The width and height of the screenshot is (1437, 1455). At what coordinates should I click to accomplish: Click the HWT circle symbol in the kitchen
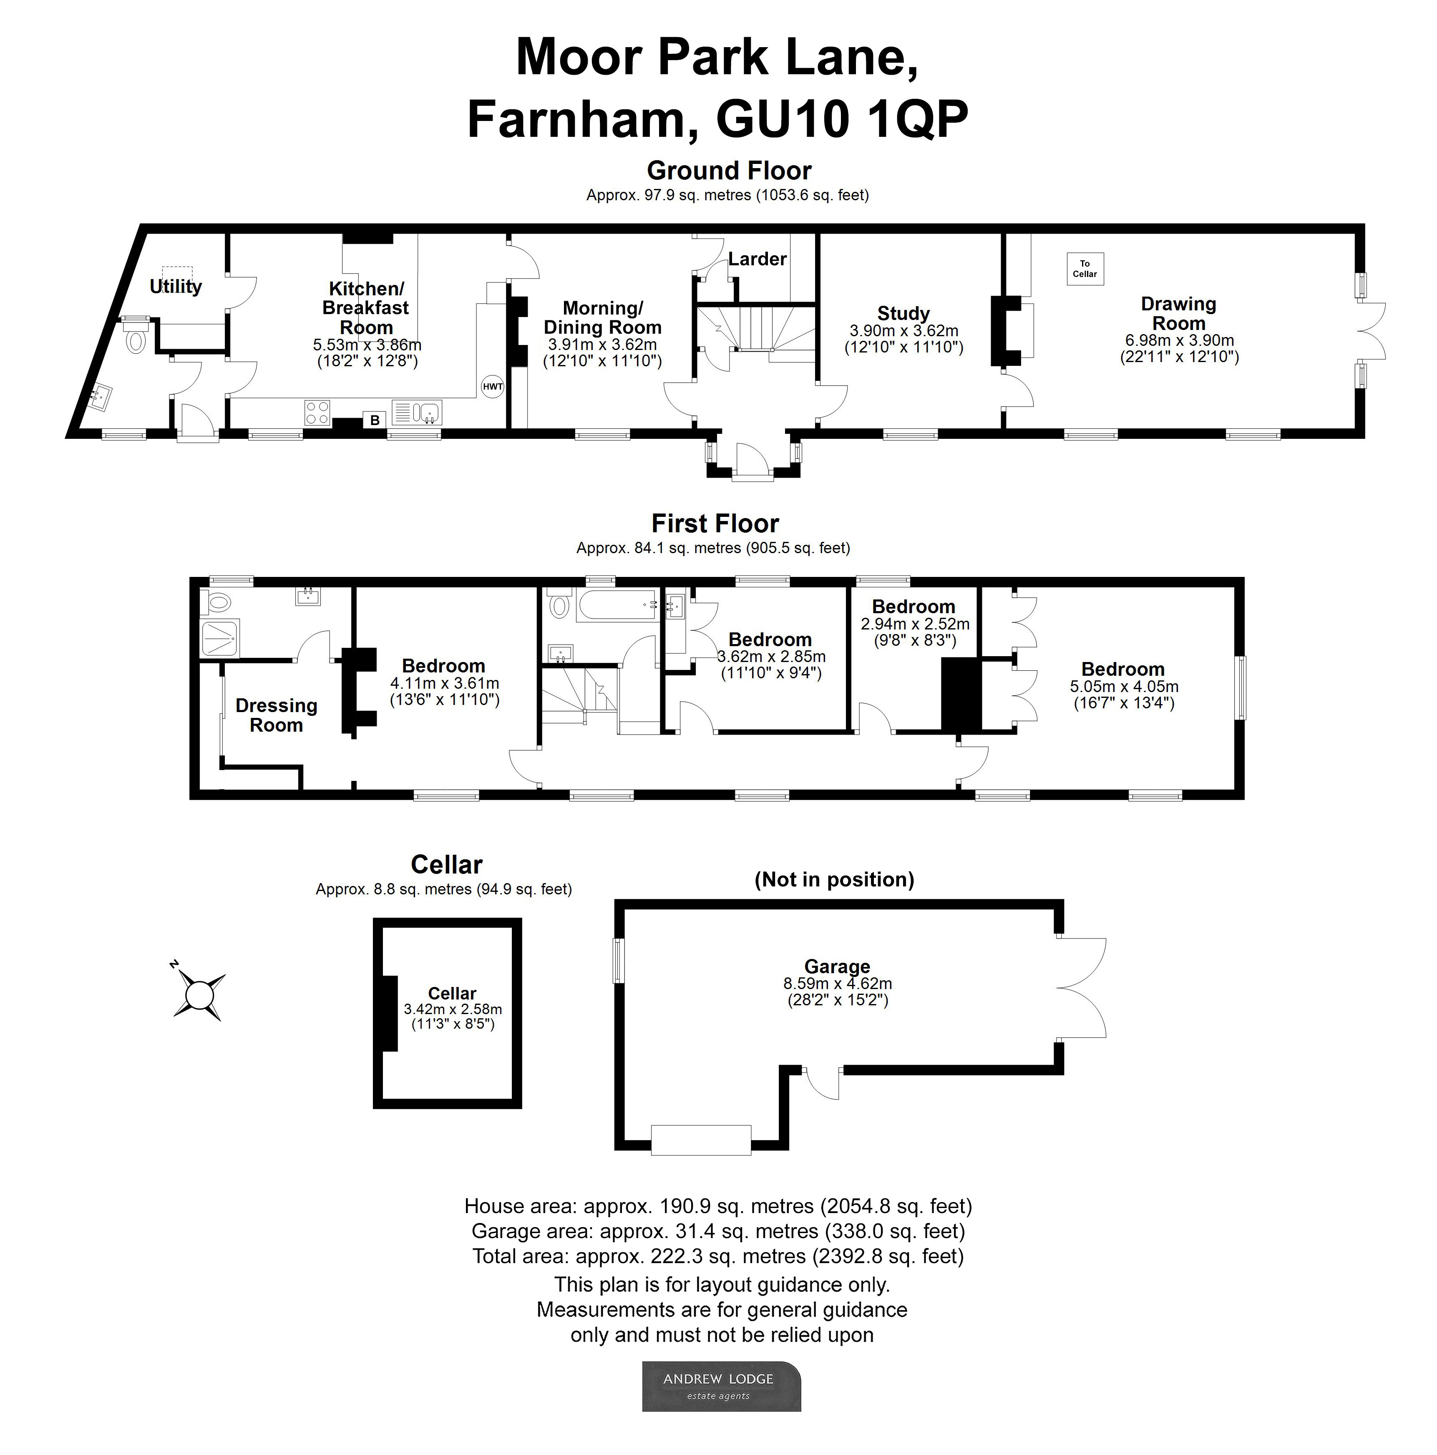(x=492, y=387)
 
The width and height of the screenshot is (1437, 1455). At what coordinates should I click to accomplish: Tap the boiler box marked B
(x=374, y=420)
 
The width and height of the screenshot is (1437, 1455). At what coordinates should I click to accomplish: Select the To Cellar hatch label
(x=1085, y=269)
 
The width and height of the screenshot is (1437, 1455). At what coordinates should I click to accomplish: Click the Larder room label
(x=757, y=259)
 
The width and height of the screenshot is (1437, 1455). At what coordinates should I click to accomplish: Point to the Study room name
(x=903, y=313)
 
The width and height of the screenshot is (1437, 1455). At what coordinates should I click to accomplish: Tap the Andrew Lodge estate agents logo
(x=721, y=1386)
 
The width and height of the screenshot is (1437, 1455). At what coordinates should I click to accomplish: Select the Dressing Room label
(x=277, y=715)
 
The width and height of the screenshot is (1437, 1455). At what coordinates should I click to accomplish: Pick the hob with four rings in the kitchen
(x=317, y=413)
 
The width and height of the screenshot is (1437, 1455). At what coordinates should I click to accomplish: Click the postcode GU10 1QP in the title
(x=842, y=119)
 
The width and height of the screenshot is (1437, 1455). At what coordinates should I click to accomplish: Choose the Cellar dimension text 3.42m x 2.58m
(x=453, y=1009)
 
